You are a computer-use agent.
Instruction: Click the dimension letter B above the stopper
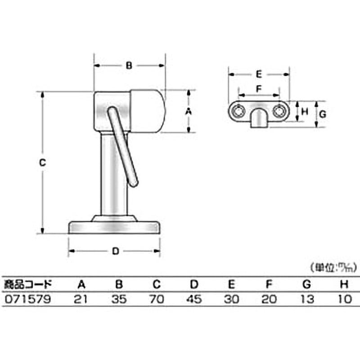tap(129, 66)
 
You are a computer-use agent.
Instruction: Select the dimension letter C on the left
tap(42, 163)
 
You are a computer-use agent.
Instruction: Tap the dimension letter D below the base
tap(115, 252)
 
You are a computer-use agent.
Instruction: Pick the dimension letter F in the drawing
tap(259, 89)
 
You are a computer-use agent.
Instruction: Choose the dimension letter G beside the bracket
tap(322, 114)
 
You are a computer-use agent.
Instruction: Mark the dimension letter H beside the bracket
tap(304, 112)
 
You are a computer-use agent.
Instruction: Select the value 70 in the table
tap(156, 299)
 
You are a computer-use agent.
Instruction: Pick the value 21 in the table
tap(81, 299)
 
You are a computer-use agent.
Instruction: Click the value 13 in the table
tap(307, 299)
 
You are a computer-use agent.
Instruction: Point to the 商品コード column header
tap(27, 284)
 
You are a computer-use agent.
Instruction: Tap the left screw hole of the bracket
tap(238, 111)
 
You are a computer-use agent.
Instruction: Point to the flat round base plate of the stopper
tap(114, 227)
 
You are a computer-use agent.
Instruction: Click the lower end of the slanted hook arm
tap(133, 182)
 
